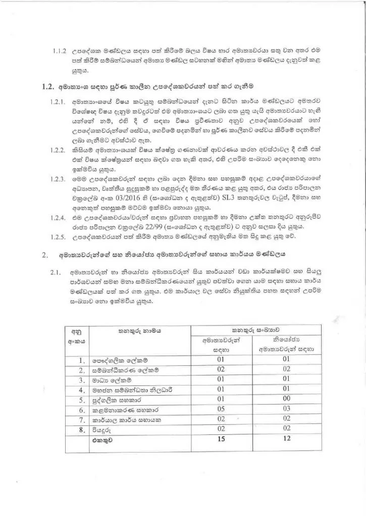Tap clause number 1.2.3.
click(60, 179)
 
